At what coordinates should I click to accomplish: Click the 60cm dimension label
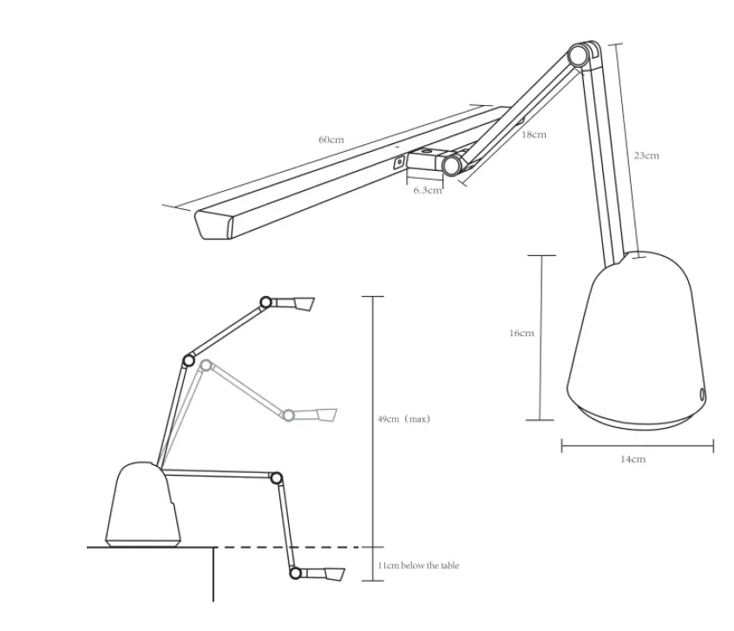coord(331,139)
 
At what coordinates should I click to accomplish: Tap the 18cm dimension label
coord(534,135)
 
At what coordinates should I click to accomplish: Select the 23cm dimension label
coord(646,155)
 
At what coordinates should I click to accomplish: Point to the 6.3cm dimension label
coord(426,190)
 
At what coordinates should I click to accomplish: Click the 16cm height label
coord(521,332)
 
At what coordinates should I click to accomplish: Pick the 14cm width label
coord(632,459)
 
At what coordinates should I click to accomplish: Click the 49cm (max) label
coord(404,418)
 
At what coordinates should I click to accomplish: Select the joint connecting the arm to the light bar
coord(451,165)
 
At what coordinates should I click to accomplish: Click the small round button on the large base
coord(701,394)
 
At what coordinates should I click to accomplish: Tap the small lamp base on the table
coord(143,507)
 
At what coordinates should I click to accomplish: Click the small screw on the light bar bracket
coord(398,161)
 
